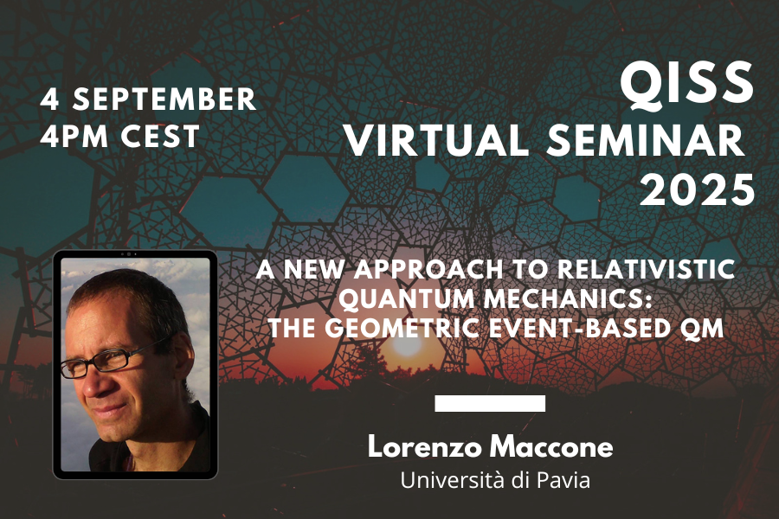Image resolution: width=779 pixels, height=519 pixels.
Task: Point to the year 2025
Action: [x=698, y=189]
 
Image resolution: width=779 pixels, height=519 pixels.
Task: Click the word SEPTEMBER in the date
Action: [x=164, y=99]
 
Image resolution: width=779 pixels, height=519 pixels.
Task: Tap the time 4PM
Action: [x=74, y=136]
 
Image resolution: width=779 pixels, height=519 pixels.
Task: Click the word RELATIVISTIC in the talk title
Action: [x=646, y=269]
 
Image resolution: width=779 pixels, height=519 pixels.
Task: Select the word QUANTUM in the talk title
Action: [x=409, y=299]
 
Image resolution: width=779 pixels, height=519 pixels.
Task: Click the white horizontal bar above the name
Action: [x=490, y=403]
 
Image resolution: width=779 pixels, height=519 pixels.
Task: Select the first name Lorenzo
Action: [x=425, y=446]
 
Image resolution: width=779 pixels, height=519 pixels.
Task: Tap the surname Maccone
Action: [x=551, y=446]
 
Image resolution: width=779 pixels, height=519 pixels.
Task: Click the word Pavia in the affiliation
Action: [x=564, y=480]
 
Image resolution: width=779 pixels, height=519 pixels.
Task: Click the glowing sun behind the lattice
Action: [x=407, y=345]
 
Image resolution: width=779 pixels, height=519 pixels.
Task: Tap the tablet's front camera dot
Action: [x=129, y=254]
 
